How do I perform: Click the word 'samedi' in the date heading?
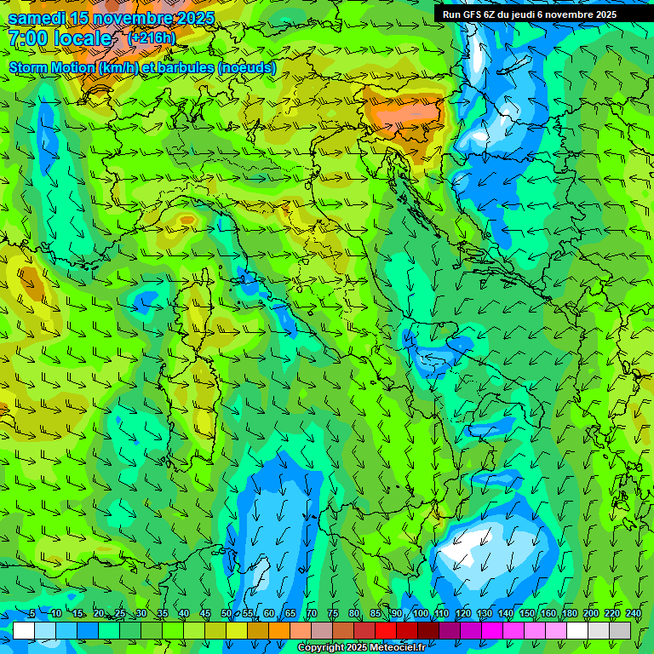(37, 19)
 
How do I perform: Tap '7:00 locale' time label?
(60, 38)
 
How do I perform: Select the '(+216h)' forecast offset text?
(152, 37)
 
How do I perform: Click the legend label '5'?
(32, 614)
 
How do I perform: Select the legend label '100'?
(421, 614)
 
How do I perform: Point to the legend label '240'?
(634, 614)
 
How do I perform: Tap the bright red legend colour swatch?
(386, 630)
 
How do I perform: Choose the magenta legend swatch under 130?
(492, 630)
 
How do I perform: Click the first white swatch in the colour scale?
(24, 630)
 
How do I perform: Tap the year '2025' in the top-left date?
(193, 19)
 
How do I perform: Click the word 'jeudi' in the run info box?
(525, 14)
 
